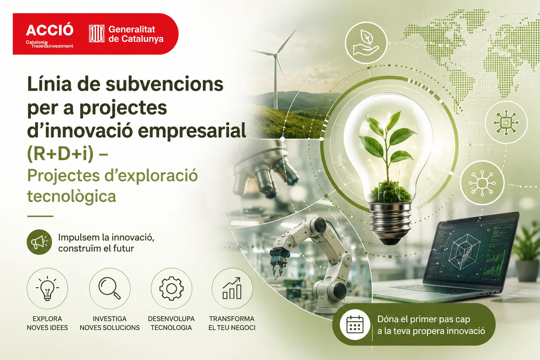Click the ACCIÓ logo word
[x=50, y=30]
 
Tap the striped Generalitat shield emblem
[x=97, y=33]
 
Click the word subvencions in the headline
[x=165, y=84]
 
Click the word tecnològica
[x=72, y=196]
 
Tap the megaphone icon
[x=39, y=242]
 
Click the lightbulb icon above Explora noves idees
[x=47, y=288]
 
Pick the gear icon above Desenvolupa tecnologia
[x=172, y=288]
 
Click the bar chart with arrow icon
[x=232, y=288]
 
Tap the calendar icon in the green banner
[x=355, y=324]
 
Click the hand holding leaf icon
[x=366, y=43]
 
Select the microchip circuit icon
[x=506, y=122]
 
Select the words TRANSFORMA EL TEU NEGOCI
[x=232, y=323]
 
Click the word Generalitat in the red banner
[x=131, y=29]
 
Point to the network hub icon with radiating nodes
[x=482, y=183]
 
